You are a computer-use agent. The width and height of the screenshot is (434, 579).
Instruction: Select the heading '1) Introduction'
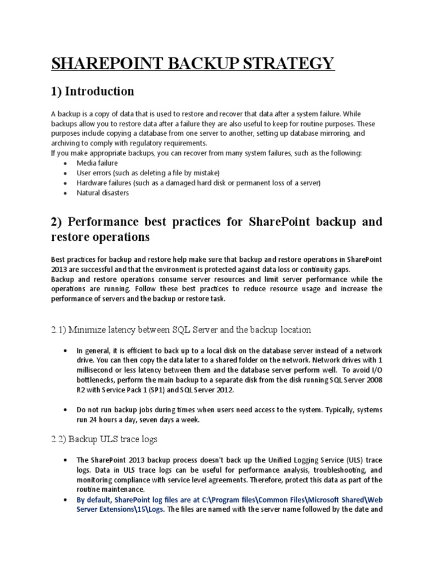click(93, 92)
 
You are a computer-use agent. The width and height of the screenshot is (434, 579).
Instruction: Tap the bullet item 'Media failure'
click(97, 163)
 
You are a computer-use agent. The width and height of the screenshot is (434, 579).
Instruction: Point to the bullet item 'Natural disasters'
click(103, 193)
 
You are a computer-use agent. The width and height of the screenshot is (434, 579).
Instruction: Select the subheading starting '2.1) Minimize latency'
click(181, 329)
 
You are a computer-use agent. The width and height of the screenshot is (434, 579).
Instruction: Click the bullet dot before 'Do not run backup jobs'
click(68, 409)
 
